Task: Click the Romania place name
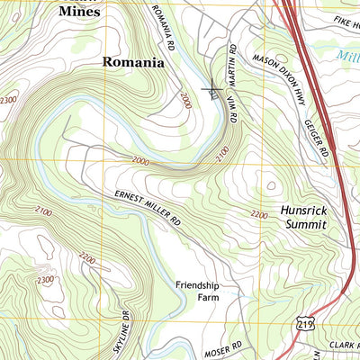tap(133, 63)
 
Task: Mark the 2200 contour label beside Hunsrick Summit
tap(259, 214)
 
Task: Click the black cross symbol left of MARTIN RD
tap(212, 90)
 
